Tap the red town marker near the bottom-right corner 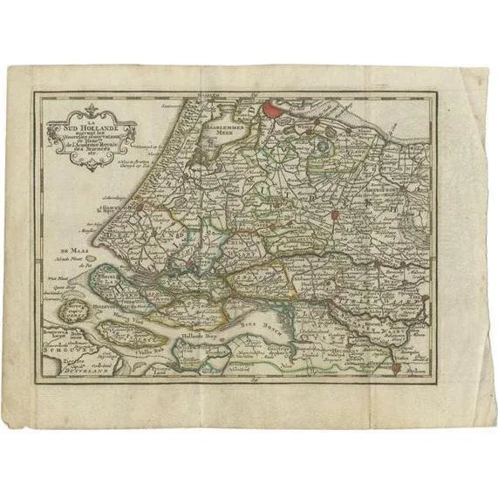click(x=395, y=367)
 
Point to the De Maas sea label click(x=65, y=233)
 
